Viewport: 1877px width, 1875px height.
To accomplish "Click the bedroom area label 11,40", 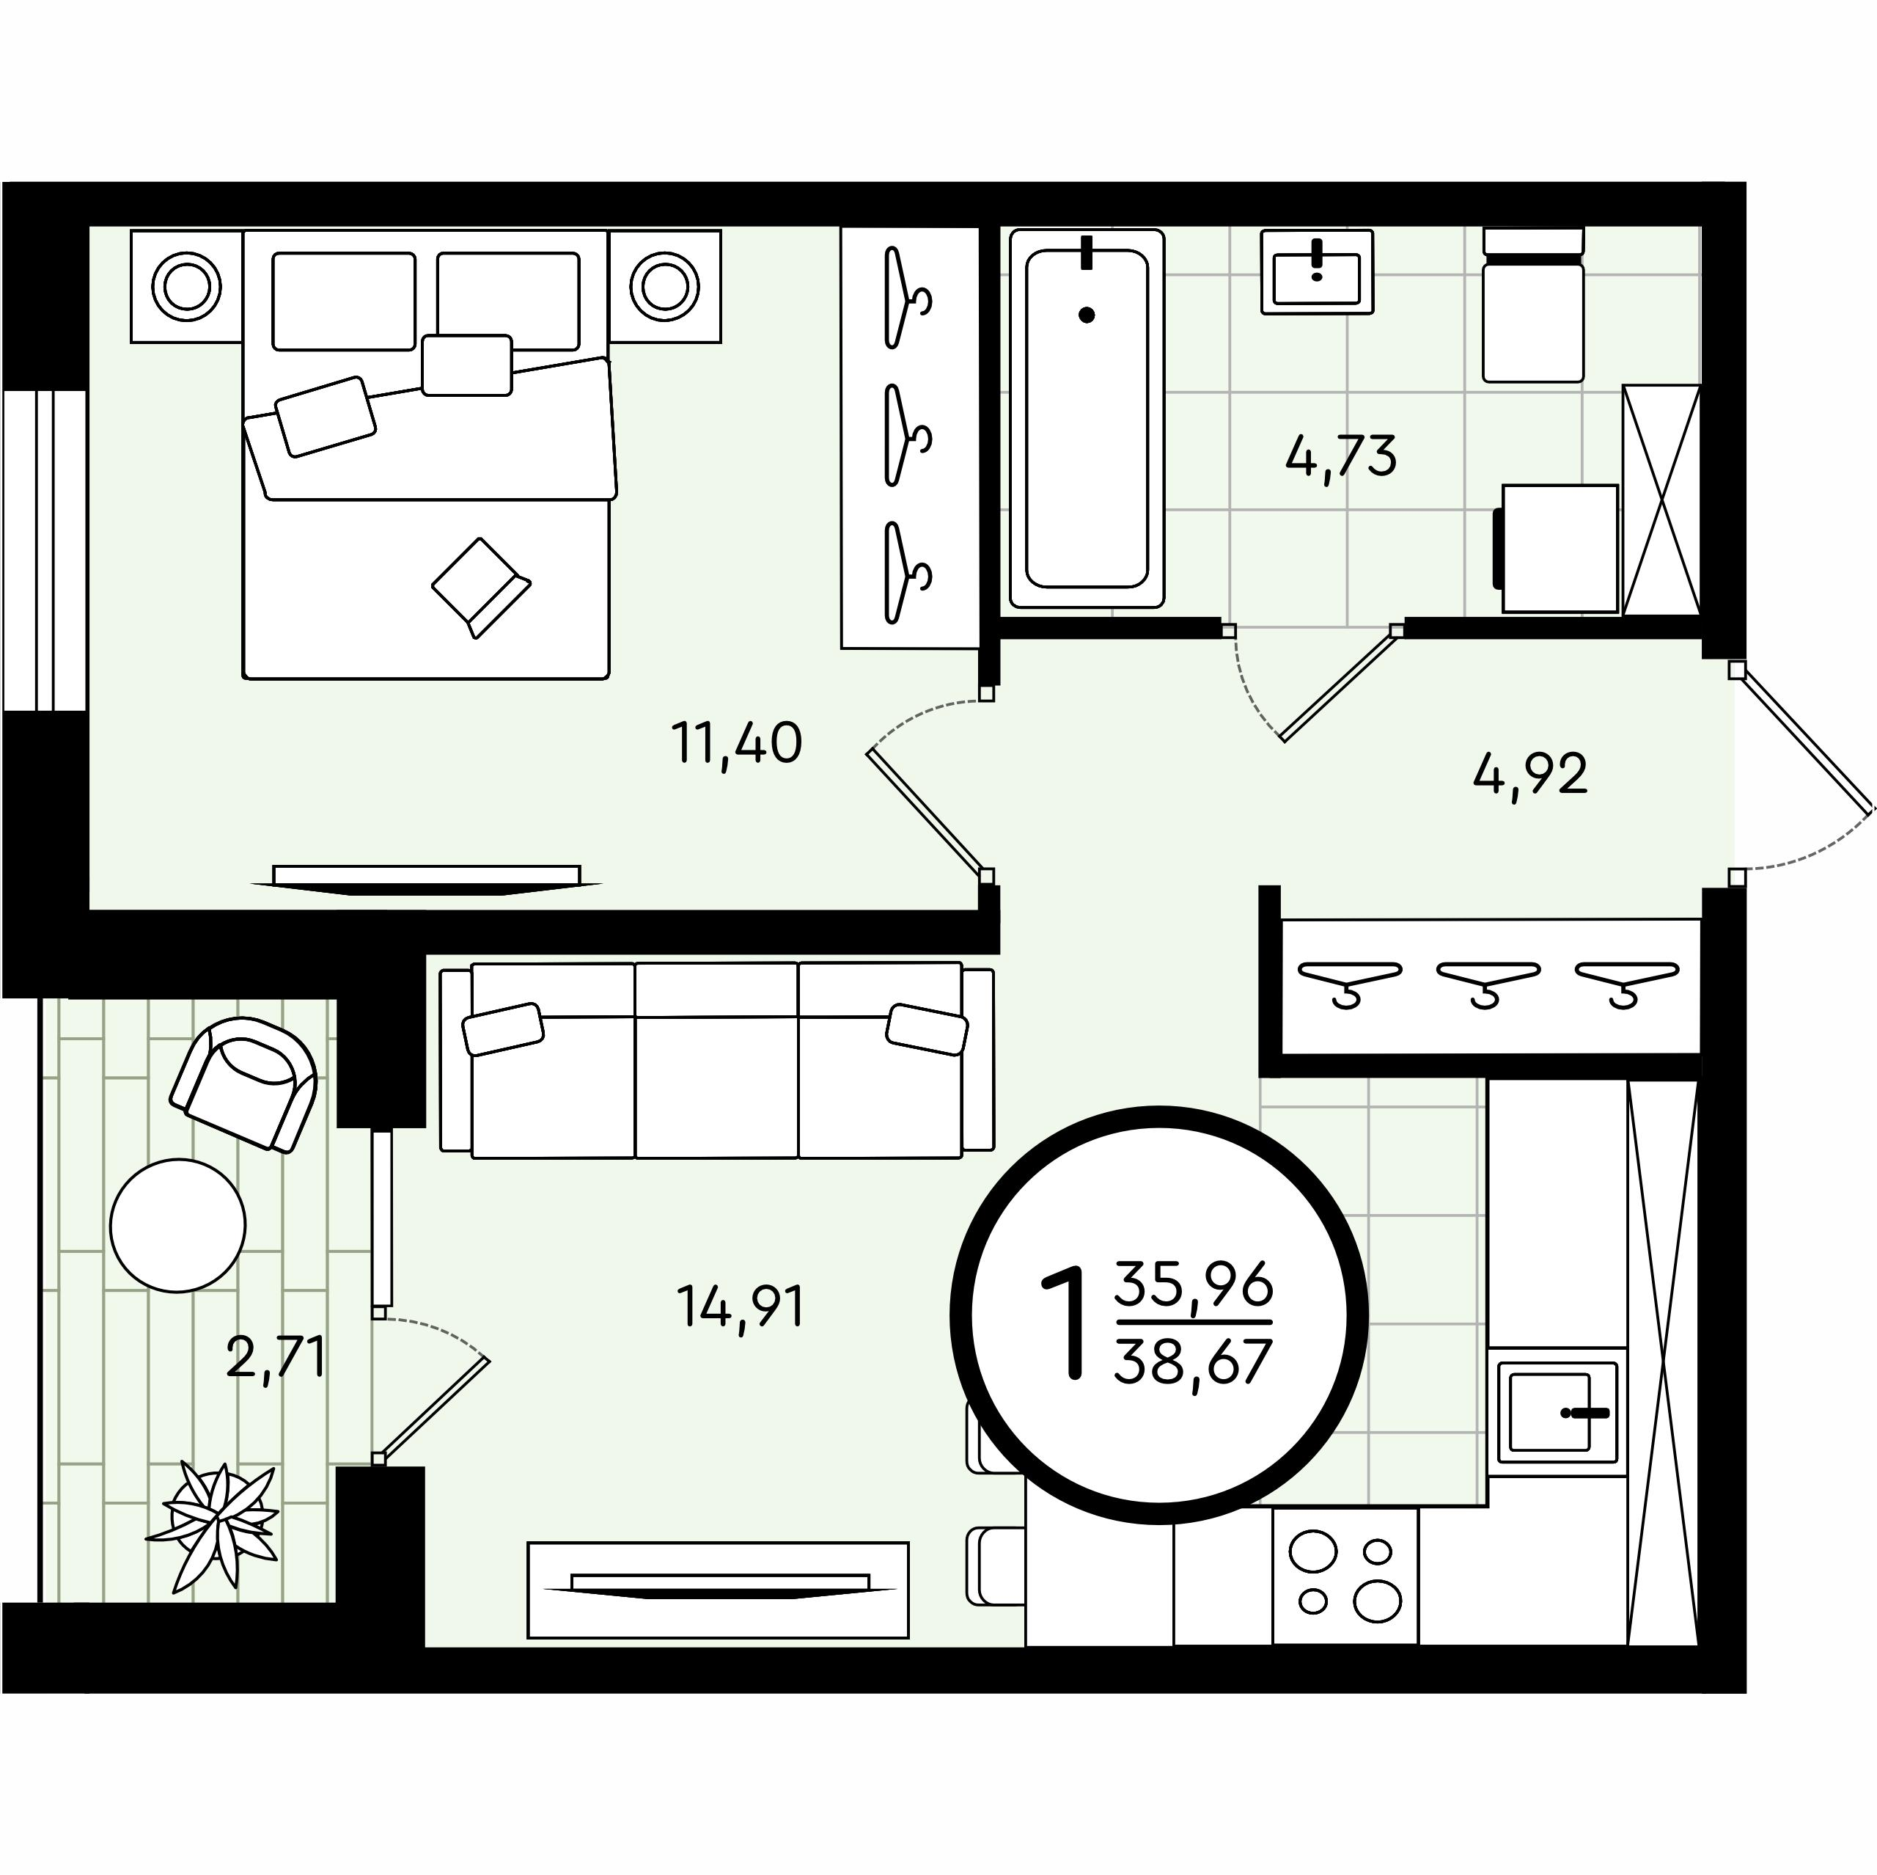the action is point(736,744).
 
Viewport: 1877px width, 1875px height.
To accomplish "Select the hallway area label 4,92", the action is point(1530,775).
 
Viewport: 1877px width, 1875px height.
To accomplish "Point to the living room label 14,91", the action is point(741,1306).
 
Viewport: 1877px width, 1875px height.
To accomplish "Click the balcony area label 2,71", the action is point(275,1357).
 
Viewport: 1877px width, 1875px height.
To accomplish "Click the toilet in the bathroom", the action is point(1533,305).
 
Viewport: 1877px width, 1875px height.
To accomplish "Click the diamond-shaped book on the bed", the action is point(481,587).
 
